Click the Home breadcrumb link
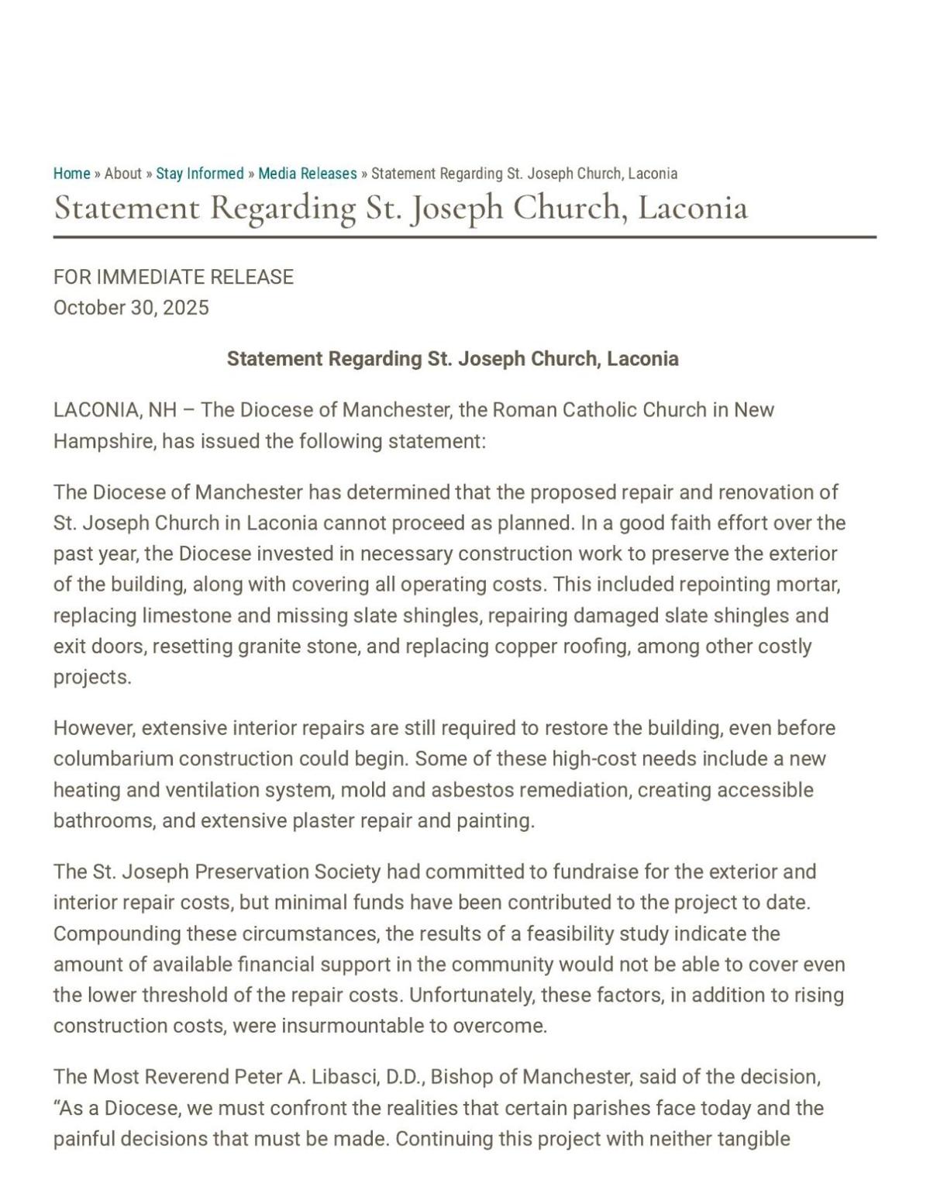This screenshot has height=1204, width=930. point(71,174)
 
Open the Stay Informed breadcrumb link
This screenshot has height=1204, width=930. point(200,174)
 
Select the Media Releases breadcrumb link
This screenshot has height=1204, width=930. point(308,174)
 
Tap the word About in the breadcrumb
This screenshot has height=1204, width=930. point(122,174)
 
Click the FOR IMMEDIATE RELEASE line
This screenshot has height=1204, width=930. point(174,278)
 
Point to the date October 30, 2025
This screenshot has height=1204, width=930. point(131,308)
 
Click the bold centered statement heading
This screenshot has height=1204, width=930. point(453,359)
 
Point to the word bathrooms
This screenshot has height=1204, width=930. point(104,821)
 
